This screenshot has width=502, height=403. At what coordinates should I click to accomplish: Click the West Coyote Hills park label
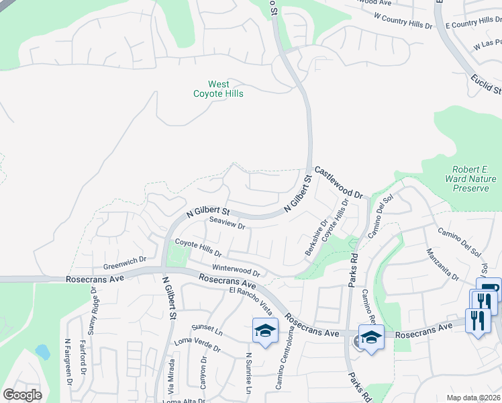click(x=219, y=89)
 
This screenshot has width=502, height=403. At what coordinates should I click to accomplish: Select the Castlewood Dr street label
click(x=338, y=182)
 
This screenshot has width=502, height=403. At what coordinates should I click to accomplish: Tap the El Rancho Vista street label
click(x=251, y=300)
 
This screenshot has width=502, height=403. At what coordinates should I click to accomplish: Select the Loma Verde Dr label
click(x=197, y=345)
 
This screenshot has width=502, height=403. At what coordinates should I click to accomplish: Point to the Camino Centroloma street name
click(x=285, y=362)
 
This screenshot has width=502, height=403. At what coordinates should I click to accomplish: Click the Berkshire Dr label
click(x=315, y=237)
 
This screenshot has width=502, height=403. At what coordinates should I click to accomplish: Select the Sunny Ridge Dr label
click(x=93, y=315)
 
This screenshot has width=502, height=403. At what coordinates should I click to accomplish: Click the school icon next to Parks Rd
click(x=370, y=337)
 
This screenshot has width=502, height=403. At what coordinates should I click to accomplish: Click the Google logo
click(x=22, y=395)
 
